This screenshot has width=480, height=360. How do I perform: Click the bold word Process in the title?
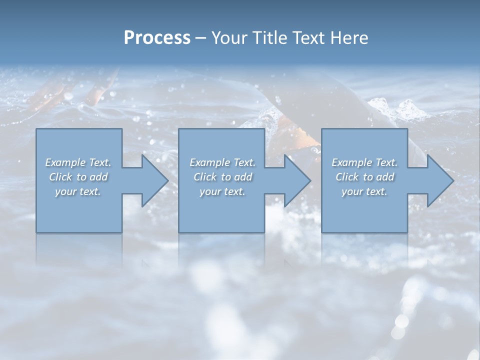157,38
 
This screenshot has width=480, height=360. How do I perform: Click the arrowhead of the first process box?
154,180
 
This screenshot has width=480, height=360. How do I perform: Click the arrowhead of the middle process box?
297,180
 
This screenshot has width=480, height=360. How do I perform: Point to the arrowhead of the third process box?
440,180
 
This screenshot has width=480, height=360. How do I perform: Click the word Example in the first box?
65,162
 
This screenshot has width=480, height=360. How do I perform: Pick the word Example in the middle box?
209,162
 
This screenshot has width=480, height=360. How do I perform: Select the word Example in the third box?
351,162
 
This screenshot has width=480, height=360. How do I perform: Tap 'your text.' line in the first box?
78,191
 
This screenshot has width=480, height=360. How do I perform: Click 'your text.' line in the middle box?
222,191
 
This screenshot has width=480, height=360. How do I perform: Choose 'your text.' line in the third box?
364,191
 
